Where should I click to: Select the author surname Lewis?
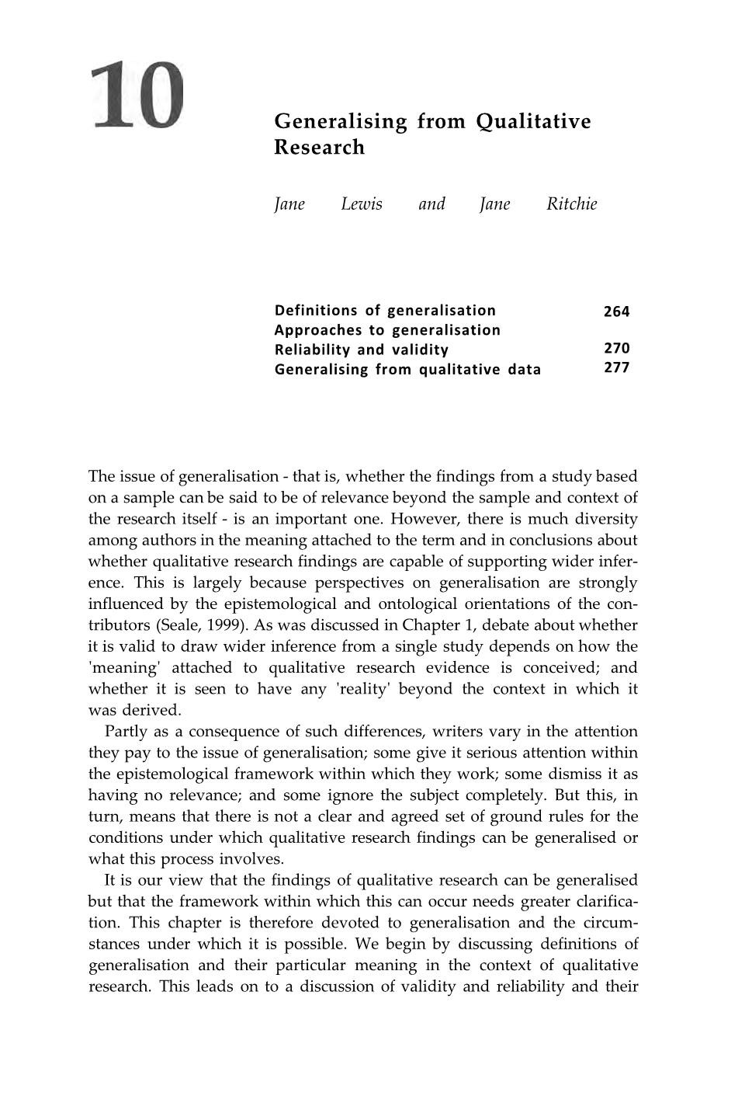362,204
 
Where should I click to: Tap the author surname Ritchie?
572,204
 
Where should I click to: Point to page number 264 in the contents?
616,311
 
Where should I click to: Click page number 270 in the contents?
616,348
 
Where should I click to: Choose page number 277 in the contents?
616,367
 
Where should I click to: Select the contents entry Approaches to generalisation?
387,330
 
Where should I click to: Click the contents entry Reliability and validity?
362,350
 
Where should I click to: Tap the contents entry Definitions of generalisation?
385,311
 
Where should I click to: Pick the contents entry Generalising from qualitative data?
407,369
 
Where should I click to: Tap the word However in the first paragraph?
424,519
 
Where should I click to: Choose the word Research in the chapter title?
319,148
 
